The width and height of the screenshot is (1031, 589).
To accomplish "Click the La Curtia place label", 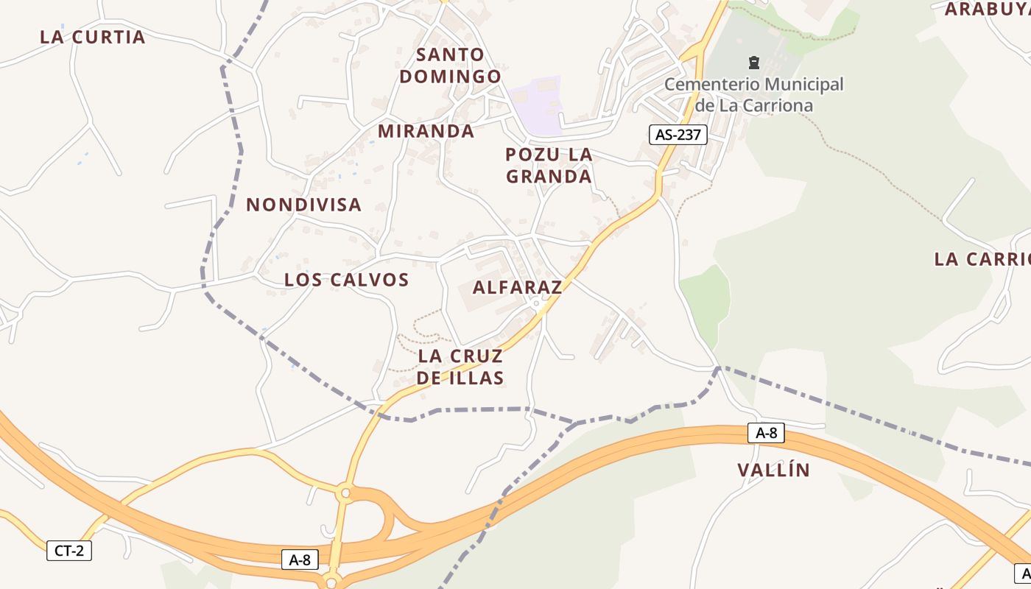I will (x=93, y=37).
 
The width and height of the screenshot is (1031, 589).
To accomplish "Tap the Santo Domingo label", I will (x=450, y=65).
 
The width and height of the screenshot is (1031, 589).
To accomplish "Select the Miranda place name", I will (x=426, y=131).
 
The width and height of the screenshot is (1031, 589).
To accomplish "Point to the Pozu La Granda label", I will (x=549, y=166).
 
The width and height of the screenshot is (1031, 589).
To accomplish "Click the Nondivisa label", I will (x=303, y=205).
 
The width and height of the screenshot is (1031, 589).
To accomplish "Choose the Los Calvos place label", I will (x=346, y=280).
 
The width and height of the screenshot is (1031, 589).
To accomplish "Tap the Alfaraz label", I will (x=517, y=287).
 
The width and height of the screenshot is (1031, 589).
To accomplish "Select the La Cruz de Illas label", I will (x=460, y=367).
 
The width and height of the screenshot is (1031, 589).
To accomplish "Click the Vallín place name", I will (x=773, y=470).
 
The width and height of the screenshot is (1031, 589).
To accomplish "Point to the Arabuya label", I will (x=987, y=9).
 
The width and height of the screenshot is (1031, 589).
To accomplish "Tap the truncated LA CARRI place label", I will (x=982, y=259).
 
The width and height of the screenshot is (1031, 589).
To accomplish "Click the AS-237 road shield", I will (x=678, y=135).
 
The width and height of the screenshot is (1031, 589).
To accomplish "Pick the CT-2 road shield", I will (x=69, y=550).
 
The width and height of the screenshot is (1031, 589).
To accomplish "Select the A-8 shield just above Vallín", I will (x=766, y=433).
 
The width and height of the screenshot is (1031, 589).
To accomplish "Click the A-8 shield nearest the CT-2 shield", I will (x=300, y=560).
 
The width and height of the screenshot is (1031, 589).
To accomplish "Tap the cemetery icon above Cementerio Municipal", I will (x=753, y=63).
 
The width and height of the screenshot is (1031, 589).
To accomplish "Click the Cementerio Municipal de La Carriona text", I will (x=753, y=94).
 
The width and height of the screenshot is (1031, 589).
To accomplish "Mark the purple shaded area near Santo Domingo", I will (x=536, y=105).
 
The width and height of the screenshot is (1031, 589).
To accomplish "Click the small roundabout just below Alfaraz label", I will (x=537, y=303).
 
